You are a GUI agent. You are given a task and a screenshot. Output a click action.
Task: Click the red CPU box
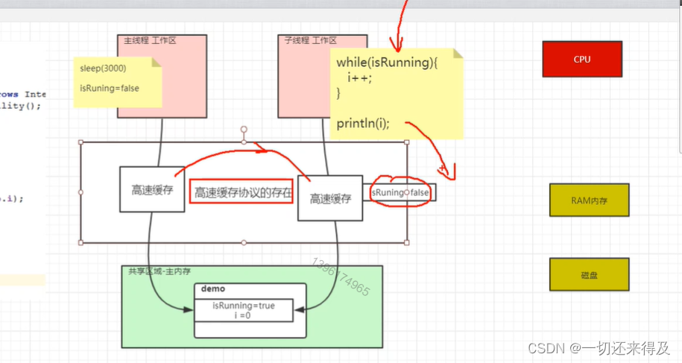tap(581, 60)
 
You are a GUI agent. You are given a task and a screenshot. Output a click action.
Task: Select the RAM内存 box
tap(589, 200)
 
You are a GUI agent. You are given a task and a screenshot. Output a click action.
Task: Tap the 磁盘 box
tap(589, 275)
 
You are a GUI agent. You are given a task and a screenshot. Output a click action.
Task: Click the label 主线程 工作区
tap(150, 40)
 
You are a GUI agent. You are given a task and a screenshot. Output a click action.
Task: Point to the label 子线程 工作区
tap(310, 40)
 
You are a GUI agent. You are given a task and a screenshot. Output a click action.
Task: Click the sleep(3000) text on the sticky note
tap(103, 69)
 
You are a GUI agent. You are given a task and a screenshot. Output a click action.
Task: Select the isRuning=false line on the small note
tap(110, 88)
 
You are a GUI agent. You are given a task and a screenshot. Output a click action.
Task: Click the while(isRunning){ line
tap(387, 63)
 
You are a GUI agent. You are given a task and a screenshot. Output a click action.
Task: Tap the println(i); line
tap(363, 123)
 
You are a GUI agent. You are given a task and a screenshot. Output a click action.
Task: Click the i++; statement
tap(359, 78)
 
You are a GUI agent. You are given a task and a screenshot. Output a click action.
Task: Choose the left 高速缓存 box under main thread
tap(152, 189)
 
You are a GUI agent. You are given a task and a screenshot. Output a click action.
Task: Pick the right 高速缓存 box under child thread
tap(330, 198)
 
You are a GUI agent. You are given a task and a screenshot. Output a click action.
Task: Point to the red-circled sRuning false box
tap(401, 192)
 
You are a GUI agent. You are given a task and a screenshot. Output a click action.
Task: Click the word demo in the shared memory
tap(213, 289)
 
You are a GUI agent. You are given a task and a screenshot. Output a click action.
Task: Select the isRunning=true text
tap(244, 306)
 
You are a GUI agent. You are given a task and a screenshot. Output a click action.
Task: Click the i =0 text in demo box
tap(244, 315)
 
